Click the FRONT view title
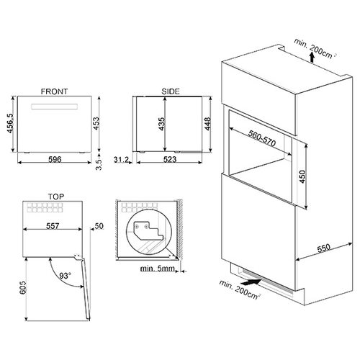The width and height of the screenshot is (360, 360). (54, 91)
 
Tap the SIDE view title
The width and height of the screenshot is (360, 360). (171, 91)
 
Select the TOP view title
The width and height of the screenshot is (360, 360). (56, 197)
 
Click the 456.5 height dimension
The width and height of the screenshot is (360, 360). (10, 123)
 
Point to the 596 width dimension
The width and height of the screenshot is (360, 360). (55, 159)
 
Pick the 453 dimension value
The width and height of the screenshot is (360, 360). (96, 123)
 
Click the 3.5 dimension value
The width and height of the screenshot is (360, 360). (99, 165)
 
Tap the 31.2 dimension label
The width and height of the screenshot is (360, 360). (121, 159)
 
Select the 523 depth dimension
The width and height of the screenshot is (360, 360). (170, 159)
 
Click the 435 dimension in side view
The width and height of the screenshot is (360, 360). (162, 124)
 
